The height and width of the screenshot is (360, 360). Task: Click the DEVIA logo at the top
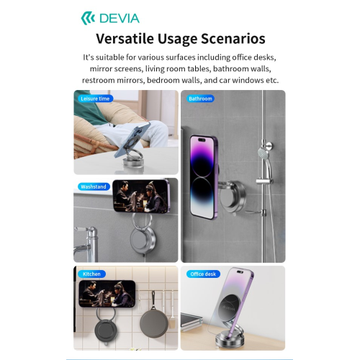(x=110, y=19)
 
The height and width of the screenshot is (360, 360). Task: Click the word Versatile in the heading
(x=125, y=38)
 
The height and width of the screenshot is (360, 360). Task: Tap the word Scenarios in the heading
(x=233, y=38)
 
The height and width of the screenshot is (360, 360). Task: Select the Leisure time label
(x=95, y=99)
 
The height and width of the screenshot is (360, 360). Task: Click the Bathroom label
(x=200, y=99)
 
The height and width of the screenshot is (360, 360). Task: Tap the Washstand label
(x=94, y=186)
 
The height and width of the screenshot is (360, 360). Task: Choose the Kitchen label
(x=91, y=274)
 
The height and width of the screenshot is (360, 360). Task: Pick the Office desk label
(x=203, y=274)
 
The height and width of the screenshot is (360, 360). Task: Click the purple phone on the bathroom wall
(x=204, y=177)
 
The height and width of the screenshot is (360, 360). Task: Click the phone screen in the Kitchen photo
(x=107, y=294)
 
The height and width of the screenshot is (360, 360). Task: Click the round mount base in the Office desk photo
(x=226, y=339)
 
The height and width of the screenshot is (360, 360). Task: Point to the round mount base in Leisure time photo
(x=132, y=163)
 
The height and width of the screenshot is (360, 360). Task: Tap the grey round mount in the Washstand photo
(x=143, y=239)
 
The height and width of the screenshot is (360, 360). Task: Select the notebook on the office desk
(x=192, y=320)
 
